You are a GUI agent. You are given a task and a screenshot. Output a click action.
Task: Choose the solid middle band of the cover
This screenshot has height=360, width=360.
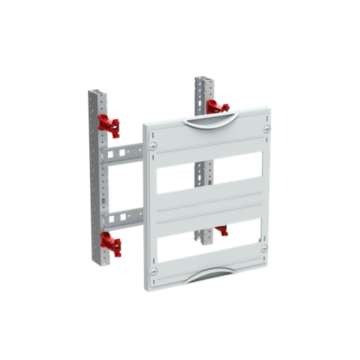tap(209, 205)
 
